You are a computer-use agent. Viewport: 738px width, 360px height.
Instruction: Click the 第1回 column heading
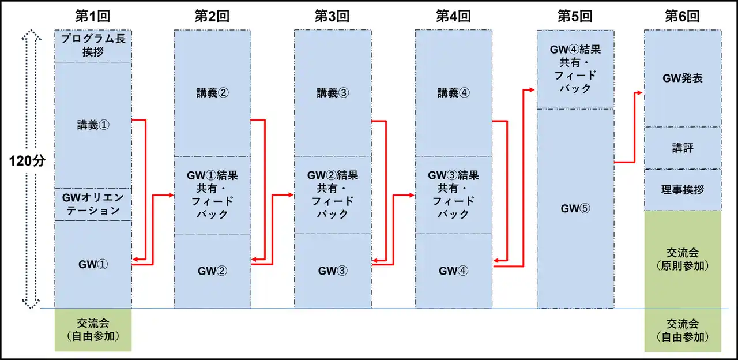tap(93, 16)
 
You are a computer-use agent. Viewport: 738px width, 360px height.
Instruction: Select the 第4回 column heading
tap(453, 16)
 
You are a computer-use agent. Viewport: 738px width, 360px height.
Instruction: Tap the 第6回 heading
tap(682, 16)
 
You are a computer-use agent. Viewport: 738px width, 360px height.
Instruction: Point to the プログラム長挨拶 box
tap(93, 46)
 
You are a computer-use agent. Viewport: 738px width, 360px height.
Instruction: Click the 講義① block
tap(93, 125)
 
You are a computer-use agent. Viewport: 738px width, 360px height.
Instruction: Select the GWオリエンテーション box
tap(93, 204)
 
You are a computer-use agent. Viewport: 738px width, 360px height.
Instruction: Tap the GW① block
tap(93, 264)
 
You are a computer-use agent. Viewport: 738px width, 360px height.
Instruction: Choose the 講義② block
tap(212, 93)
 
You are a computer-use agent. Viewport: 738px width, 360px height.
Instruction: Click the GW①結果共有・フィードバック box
tap(212, 194)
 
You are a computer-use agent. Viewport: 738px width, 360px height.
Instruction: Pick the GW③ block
tap(333, 271)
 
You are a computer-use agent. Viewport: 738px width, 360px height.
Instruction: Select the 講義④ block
tap(453, 93)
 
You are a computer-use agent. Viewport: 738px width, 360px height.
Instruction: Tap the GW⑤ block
tap(575, 208)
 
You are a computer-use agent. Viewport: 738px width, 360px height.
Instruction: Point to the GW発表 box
tap(682, 78)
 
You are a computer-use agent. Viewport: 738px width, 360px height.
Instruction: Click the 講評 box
tap(682, 148)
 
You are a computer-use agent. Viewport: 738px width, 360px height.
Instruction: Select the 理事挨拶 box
tap(682, 190)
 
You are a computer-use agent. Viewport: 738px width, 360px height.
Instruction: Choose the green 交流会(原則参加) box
tap(682, 259)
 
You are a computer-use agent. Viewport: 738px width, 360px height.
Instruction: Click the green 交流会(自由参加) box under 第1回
tap(93, 329)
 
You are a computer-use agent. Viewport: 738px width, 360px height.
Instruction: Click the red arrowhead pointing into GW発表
tap(641, 92)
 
